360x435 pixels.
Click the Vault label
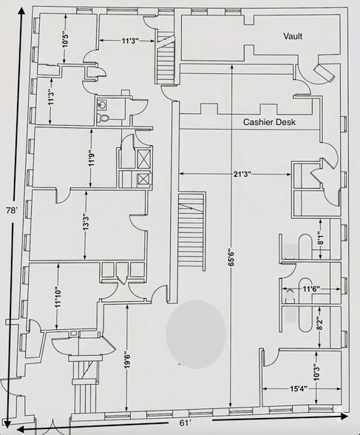(293, 36)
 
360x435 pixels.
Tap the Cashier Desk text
(269, 122)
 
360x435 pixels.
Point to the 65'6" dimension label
(231, 258)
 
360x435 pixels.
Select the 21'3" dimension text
(242, 174)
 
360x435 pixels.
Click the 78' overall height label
(13, 210)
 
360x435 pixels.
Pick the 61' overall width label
(186, 423)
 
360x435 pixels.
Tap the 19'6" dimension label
(127, 361)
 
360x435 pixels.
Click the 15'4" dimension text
(299, 388)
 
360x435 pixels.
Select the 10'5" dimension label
(65, 40)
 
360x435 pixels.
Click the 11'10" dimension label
(58, 297)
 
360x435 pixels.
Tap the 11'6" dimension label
(311, 289)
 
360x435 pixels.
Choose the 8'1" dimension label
(321, 238)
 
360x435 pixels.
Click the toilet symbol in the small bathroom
(103, 118)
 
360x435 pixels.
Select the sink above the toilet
(101, 105)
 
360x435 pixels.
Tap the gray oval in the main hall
(196, 334)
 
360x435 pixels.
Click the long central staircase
(191, 231)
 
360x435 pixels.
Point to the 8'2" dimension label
(321, 323)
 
